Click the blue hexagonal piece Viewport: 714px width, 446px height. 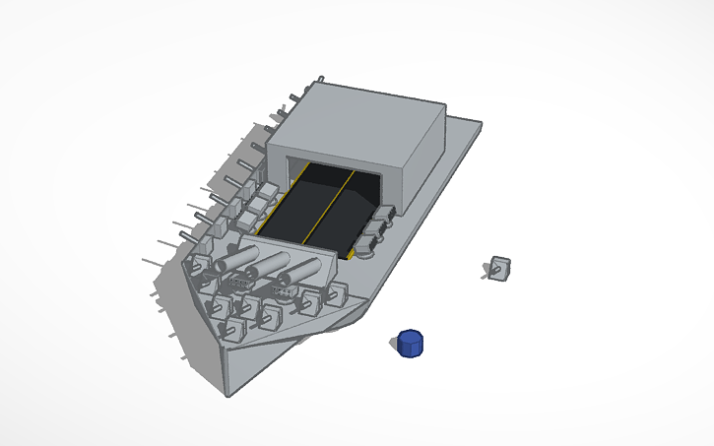point(411,344)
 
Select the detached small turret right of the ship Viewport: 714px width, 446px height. point(499,268)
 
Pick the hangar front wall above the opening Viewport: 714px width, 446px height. point(335,160)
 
